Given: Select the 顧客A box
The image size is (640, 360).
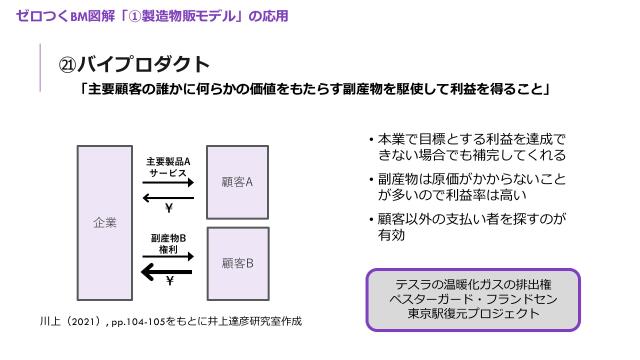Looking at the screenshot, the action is tap(237, 182).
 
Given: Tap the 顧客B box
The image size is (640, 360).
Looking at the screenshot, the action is tap(237, 264).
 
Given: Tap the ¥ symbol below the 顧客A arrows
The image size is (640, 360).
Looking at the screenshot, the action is tap(169, 209).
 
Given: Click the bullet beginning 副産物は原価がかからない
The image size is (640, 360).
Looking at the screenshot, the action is tap(466, 186).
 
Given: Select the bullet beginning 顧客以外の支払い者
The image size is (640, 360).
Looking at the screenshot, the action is tap(466, 227).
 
